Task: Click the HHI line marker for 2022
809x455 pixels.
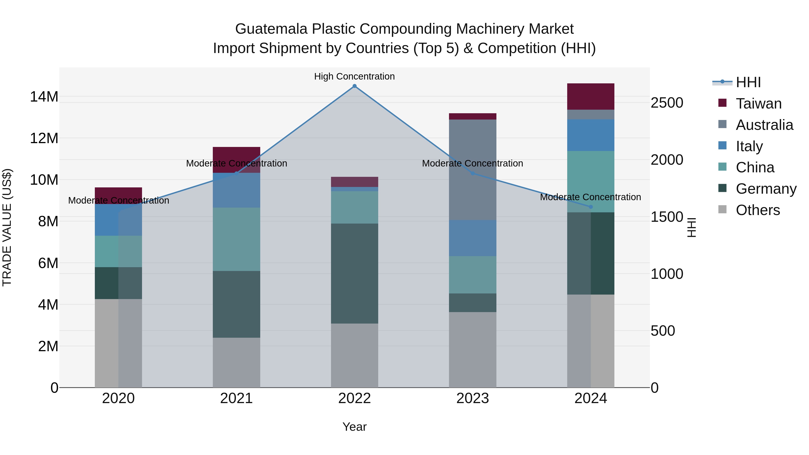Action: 355,86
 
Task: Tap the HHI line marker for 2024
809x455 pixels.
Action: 591,207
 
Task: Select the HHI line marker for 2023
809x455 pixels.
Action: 473,173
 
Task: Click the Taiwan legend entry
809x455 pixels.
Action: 758,104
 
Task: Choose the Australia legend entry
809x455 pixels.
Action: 764,125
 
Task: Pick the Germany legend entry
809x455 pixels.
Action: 765,189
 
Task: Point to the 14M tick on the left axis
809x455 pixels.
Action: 44,96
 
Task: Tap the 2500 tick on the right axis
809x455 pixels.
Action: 667,103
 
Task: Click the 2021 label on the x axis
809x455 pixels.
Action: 236,398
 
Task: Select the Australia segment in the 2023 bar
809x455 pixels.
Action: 473,170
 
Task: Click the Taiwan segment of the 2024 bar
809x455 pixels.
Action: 591,96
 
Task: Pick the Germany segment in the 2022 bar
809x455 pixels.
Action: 355,273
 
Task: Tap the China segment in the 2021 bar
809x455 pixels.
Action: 236,239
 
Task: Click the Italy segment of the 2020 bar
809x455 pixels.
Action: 118,220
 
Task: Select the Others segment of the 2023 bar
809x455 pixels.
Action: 473,349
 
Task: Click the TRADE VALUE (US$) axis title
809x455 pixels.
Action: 7,227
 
